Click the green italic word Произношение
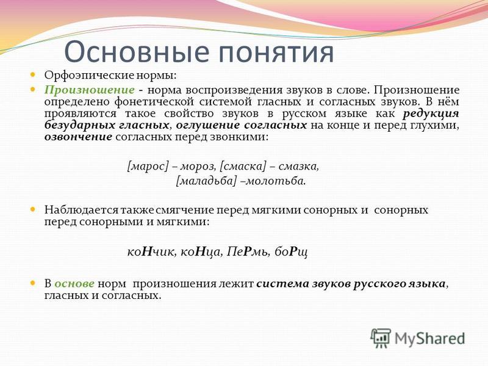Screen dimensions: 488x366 tap(89, 90)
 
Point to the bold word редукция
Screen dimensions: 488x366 tap(431, 114)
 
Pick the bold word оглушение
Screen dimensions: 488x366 tap(208, 126)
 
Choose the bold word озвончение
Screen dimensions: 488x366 tap(78, 137)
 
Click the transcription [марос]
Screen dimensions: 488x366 tap(148, 166)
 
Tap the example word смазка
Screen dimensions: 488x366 tap(298, 166)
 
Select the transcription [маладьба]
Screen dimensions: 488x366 tap(206, 181)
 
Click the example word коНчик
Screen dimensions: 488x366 tap(152, 251)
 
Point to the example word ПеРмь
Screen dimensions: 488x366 tap(248, 251)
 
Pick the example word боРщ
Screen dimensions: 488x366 tap(291, 252)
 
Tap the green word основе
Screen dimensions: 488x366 tap(74, 284)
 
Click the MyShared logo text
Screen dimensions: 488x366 tap(429, 339)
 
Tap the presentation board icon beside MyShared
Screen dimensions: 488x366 tap(380, 338)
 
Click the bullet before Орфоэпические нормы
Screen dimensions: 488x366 tap(33, 74)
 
